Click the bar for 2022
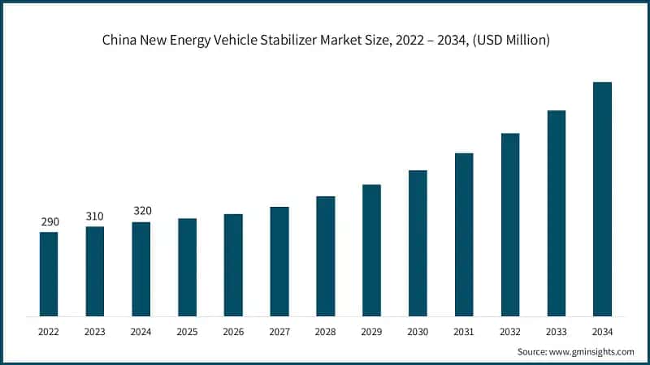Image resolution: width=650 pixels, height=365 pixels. (x=49, y=273)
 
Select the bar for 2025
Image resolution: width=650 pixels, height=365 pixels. (x=187, y=267)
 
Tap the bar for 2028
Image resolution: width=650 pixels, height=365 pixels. (x=325, y=255)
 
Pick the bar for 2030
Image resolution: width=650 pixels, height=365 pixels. (x=418, y=243)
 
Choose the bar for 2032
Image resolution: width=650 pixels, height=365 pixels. (x=509, y=224)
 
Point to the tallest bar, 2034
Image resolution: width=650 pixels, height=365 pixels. (x=602, y=199)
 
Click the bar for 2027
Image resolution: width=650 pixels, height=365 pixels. (x=279, y=261)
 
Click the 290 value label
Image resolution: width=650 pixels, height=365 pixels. (x=49, y=221)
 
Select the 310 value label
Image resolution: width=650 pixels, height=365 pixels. (x=95, y=216)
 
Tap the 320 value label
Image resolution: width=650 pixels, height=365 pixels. (x=141, y=211)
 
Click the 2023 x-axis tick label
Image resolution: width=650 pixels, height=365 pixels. (x=95, y=332)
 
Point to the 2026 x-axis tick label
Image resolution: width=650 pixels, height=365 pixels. (x=233, y=332)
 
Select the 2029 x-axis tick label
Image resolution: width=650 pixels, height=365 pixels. (x=371, y=332)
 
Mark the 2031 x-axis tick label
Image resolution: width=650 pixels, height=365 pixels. (x=464, y=332)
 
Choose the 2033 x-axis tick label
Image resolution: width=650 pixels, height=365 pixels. (x=556, y=332)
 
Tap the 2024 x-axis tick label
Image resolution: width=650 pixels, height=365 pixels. (x=141, y=332)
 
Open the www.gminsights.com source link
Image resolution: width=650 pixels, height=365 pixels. (x=591, y=352)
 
